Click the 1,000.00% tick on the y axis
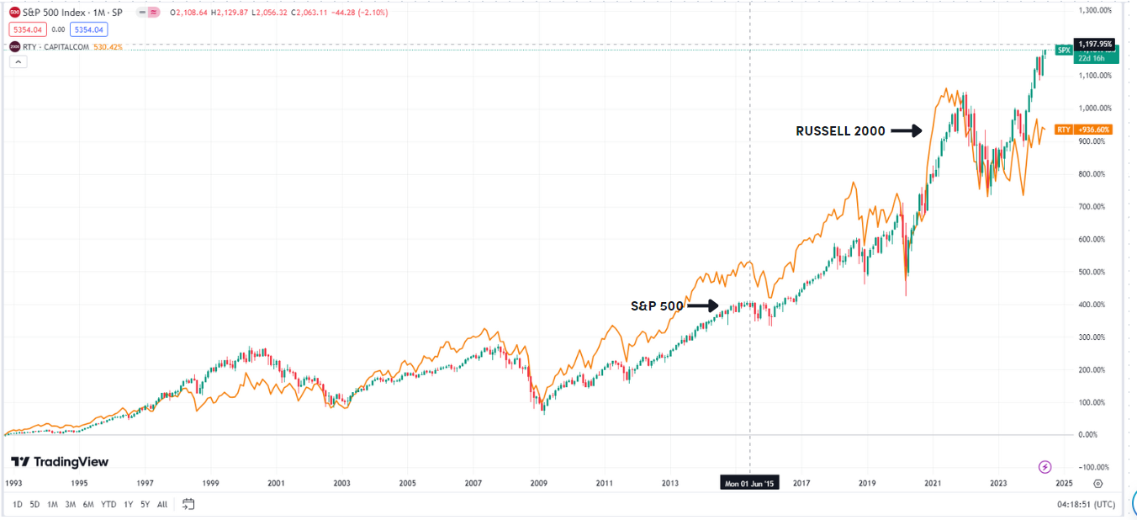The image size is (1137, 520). [x=1094, y=108]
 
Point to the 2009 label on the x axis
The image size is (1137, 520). [x=539, y=484]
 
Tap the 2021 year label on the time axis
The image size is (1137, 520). [x=932, y=484]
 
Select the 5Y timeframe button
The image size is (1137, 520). [x=145, y=505]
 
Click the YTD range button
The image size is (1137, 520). [x=108, y=505]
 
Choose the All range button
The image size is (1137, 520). [x=162, y=505]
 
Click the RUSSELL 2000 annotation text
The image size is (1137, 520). [x=840, y=131]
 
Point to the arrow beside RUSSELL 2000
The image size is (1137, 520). [x=907, y=131]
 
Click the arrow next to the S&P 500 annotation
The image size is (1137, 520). [x=703, y=306]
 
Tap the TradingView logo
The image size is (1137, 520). [x=60, y=462]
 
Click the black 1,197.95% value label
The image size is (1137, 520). [x=1094, y=44]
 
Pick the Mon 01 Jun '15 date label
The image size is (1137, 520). [x=750, y=484]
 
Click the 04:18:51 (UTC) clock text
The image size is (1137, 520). [x=1086, y=505]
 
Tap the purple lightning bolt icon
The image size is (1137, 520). [x=1044, y=467]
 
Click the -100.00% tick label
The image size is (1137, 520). [x=1094, y=467]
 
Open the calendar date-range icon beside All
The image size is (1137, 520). [x=188, y=505]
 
